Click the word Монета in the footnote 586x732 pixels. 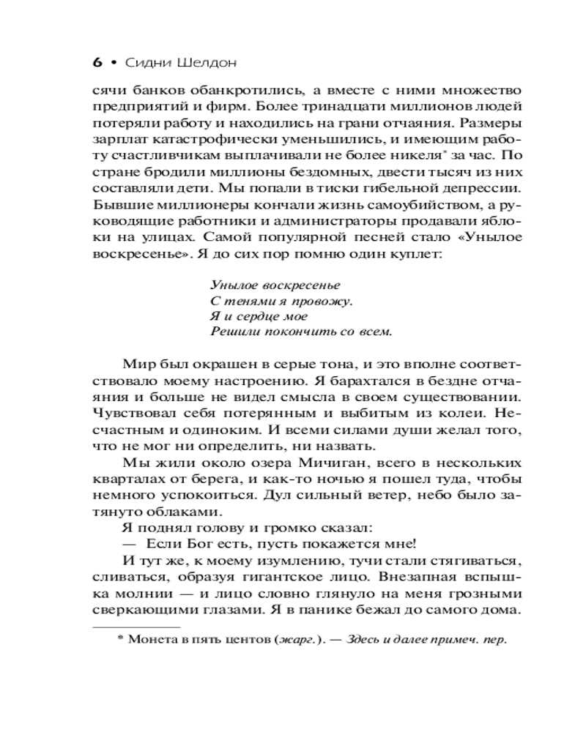click(152, 639)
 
